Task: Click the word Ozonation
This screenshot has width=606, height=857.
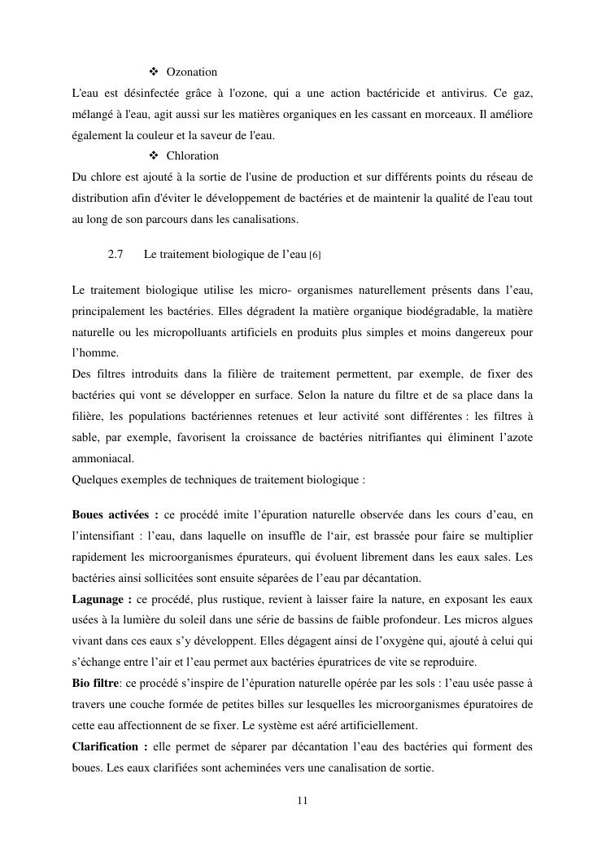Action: coord(191,72)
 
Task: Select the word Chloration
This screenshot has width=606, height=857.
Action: coord(192,155)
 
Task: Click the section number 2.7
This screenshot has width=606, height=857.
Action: coord(115,255)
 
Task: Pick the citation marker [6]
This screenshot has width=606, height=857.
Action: coord(315,256)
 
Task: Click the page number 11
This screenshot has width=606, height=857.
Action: coord(303,800)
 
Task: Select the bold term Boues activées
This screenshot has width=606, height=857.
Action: coord(115,515)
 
